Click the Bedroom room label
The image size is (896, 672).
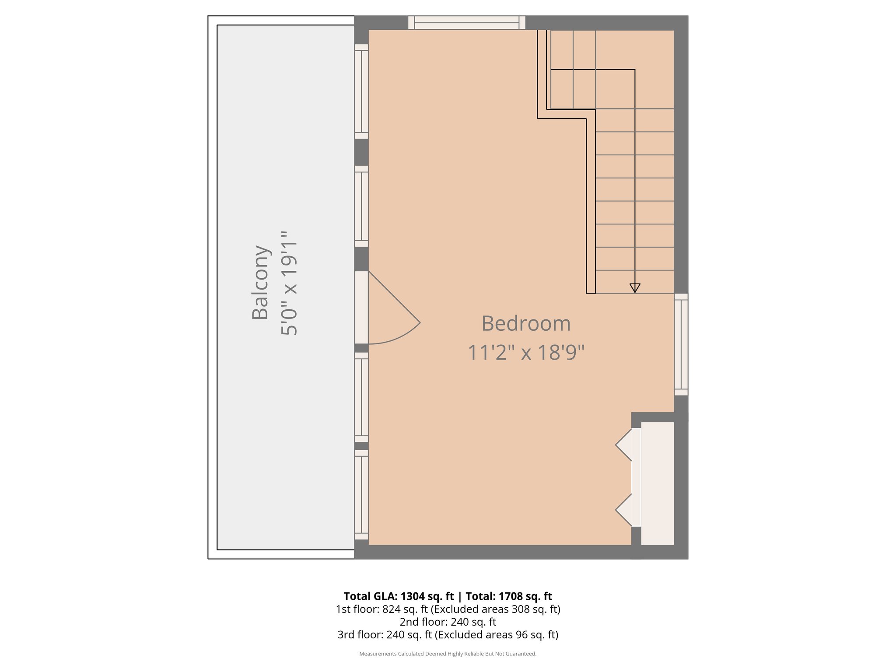click(x=526, y=324)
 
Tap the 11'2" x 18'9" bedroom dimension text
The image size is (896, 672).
click(x=526, y=353)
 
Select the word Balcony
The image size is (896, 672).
click(x=260, y=283)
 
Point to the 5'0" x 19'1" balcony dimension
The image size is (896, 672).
click(x=289, y=283)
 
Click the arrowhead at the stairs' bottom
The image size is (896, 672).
click(x=635, y=288)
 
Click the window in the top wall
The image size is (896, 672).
click(x=466, y=23)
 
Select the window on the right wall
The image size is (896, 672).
click(x=681, y=344)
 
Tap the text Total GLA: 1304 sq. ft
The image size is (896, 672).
click(x=399, y=596)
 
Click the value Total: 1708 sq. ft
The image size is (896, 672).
click(x=508, y=596)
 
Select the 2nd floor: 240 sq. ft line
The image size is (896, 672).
click(x=448, y=622)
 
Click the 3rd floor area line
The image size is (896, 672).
click(x=448, y=634)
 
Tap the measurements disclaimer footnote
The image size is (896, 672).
click(x=448, y=654)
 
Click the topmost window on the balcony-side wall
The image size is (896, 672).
click(x=361, y=91)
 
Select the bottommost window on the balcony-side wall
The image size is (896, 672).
click(x=361, y=495)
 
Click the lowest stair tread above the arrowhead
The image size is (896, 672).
click(x=634, y=282)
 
